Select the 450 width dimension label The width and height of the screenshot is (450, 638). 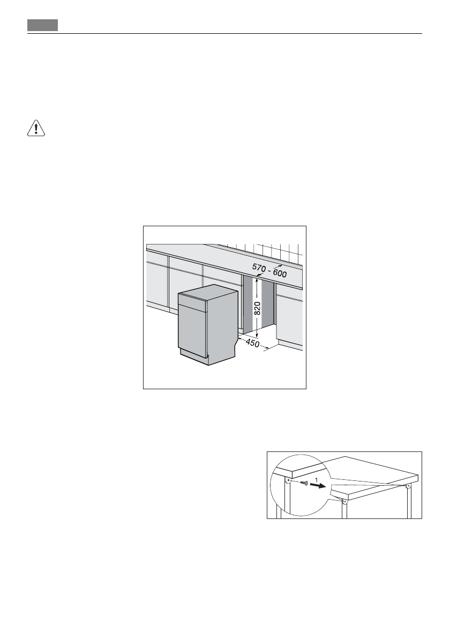click(x=251, y=343)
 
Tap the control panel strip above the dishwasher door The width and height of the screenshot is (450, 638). click(x=192, y=305)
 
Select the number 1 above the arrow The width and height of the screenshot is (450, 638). click(x=316, y=477)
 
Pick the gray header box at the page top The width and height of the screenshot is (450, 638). click(x=43, y=25)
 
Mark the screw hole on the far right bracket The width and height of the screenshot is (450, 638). click(x=408, y=487)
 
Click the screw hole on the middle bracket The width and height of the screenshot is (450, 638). click(x=344, y=503)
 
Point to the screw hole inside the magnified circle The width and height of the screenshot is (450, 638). click(x=289, y=480)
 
